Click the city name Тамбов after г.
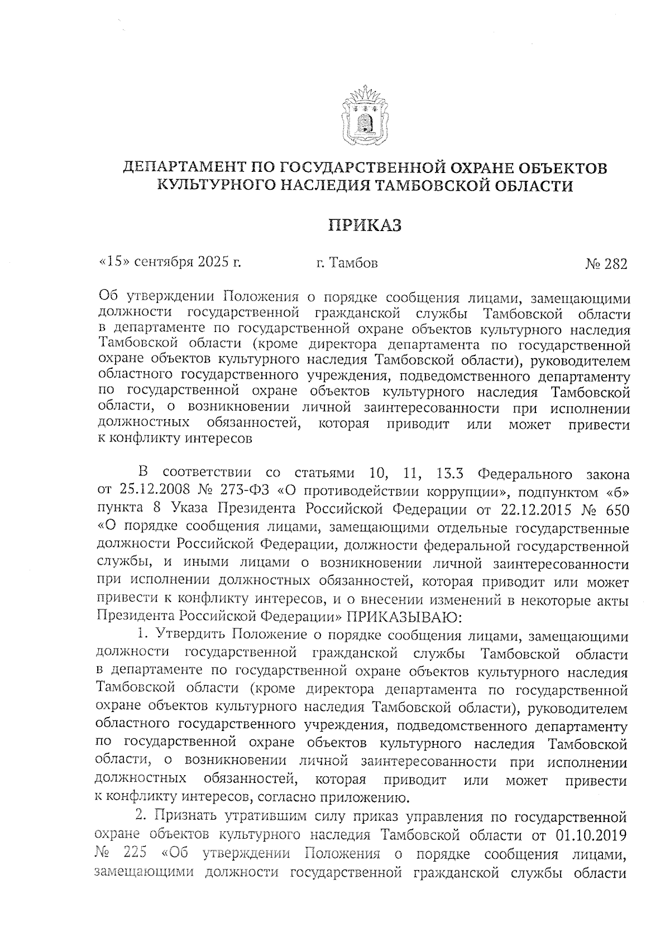[354, 262]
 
